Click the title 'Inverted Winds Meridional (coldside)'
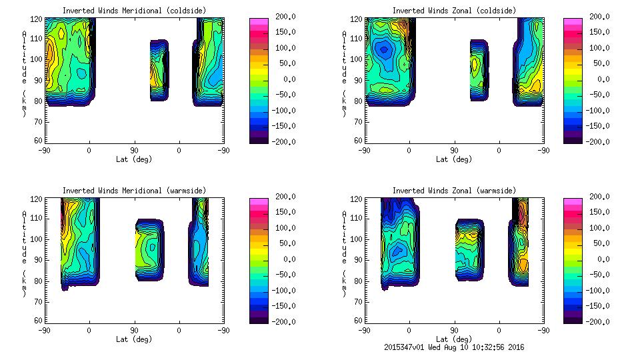click(x=134, y=11)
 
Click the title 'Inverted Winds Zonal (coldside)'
click(x=454, y=11)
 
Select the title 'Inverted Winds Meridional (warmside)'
click(x=134, y=191)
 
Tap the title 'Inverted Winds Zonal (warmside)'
click(x=454, y=191)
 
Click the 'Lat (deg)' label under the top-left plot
click(x=134, y=159)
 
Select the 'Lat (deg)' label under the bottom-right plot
click(x=454, y=339)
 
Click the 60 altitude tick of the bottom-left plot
click(x=39, y=321)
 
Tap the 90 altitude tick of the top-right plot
click(x=359, y=79)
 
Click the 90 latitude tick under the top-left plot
click(x=134, y=151)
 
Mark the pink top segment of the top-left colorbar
click(x=259, y=21)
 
